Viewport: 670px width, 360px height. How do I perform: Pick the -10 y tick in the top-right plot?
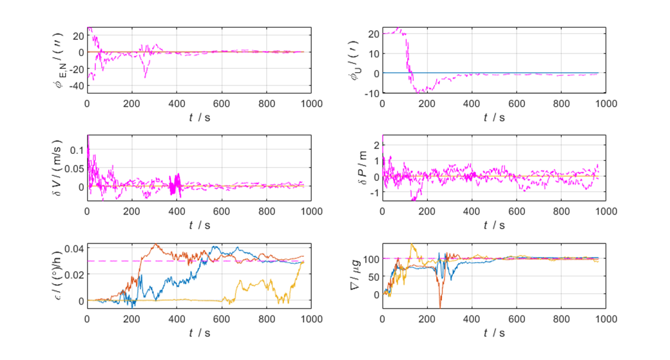point(372,93)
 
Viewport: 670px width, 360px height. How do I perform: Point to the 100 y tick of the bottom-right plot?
point(370,259)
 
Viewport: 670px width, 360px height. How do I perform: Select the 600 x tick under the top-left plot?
point(222,103)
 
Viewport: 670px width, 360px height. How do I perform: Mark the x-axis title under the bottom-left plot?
point(199,333)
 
